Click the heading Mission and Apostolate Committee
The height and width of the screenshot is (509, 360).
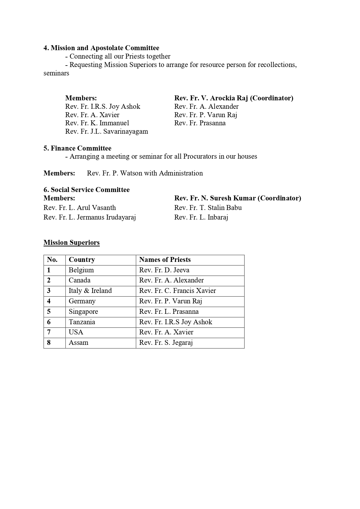click(x=101, y=48)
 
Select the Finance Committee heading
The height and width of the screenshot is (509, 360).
click(x=77, y=148)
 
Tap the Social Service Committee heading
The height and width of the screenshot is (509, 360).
click(x=86, y=190)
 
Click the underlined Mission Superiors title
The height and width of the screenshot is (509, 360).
click(x=72, y=242)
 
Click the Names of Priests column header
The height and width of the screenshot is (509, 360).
click(x=165, y=260)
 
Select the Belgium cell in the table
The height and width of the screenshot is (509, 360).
click(x=81, y=270)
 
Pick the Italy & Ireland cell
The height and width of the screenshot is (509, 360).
click(x=90, y=291)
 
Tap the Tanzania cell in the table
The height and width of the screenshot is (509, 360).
click(x=82, y=322)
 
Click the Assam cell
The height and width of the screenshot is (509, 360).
click(x=78, y=343)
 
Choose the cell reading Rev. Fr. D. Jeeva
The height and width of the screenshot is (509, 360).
click(x=164, y=270)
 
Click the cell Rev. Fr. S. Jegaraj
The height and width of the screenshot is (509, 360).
click(x=166, y=343)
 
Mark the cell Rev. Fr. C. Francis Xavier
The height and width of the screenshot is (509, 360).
click(x=178, y=291)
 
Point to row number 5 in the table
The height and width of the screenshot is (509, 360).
click(x=49, y=311)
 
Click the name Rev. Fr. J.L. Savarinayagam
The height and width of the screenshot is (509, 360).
click(x=106, y=131)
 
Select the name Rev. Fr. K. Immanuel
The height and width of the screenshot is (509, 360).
click(x=97, y=123)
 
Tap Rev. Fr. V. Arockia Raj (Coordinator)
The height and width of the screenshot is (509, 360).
click(x=234, y=98)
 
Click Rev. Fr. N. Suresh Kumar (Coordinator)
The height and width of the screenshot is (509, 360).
click(x=238, y=198)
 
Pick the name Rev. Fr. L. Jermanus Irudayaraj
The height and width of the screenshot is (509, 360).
click(x=90, y=217)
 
